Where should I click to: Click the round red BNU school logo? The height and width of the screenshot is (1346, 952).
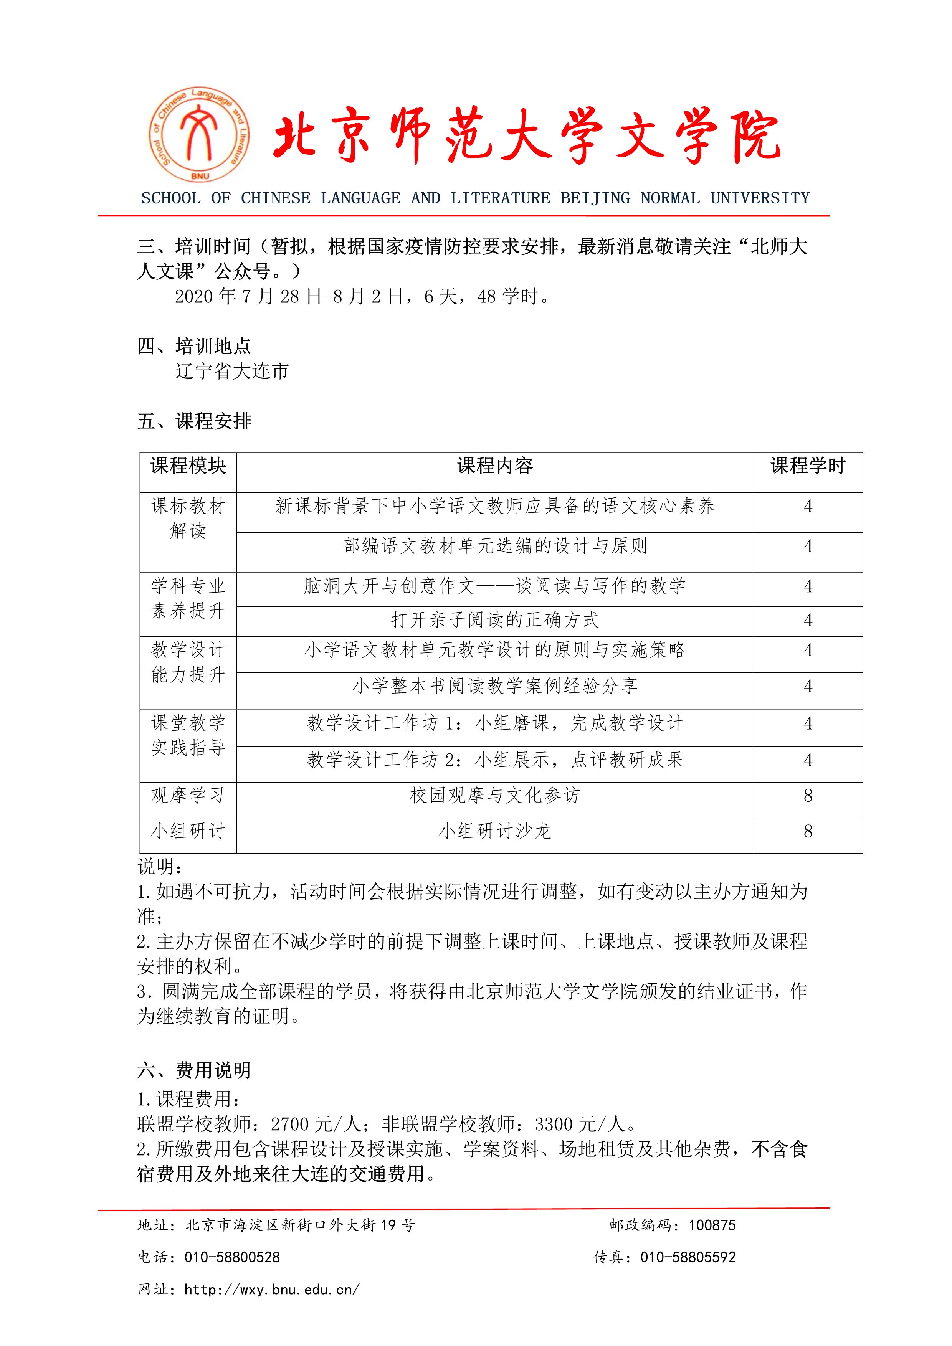pos(199,134)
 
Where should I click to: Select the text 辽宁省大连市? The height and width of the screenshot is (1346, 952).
pos(232,371)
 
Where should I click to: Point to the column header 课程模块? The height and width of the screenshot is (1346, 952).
pos(188,466)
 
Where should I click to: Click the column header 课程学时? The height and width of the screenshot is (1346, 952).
pos(808,466)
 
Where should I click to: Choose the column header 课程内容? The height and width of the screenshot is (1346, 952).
pos(495,466)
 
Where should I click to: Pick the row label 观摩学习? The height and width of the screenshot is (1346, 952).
pos(188,796)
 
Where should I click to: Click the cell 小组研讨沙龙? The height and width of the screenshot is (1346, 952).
pos(495,831)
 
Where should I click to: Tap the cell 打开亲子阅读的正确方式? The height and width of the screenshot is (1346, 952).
pos(495,620)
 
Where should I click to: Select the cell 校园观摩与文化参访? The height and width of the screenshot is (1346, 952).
pos(495,796)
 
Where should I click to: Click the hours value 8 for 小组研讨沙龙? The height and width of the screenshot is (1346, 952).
pos(808,831)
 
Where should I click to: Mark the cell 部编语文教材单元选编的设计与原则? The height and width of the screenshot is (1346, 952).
pos(495,547)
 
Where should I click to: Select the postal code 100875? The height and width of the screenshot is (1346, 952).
pos(712,1225)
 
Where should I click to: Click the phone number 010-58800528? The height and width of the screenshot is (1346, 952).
pos(232,1257)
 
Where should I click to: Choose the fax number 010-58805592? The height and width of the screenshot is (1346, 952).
pos(688,1257)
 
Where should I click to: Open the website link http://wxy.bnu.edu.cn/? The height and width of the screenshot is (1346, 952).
pos(272,1290)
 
